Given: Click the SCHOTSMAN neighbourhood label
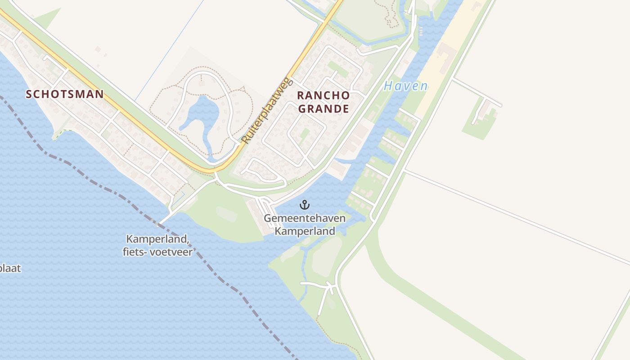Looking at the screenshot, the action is tap(65, 94).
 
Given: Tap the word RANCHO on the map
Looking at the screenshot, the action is tap(323, 95).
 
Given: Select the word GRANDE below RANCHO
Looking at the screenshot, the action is tap(323, 108).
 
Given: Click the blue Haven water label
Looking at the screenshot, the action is tap(405, 86).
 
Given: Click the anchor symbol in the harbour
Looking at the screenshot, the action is tap(305, 205).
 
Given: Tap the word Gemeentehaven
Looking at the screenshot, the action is tap(305, 219).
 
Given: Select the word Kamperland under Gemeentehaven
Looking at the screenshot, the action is tap(305, 231).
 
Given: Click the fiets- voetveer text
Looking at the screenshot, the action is tap(157, 252).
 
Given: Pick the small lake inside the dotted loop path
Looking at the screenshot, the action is tap(205, 112).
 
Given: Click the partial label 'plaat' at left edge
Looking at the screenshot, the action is tap(10, 269).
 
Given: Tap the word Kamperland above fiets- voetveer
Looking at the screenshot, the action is tap(157, 239).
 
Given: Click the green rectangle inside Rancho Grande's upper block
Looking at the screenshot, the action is tap(338, 69).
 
